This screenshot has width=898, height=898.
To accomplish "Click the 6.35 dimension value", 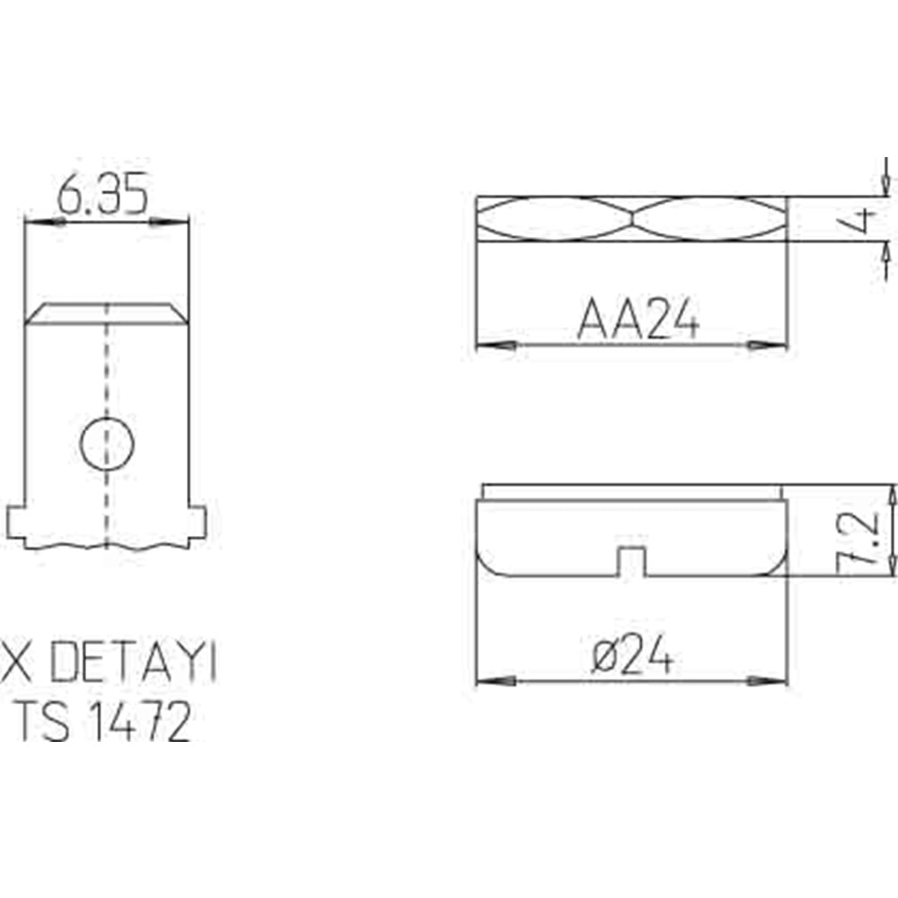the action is click(x=102, y=194).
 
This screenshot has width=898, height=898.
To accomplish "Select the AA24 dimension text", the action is click(x=638, y=319).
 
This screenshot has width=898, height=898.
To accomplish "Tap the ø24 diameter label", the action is click(x=632, y=655).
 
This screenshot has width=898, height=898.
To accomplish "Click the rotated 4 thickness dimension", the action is click(x=861, y=219).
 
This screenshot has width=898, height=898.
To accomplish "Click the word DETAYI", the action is click(x=133, y=662).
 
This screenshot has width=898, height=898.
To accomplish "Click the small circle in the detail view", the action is click(x=107, y=444).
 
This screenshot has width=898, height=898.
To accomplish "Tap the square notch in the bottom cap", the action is click(x=631, y=561).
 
